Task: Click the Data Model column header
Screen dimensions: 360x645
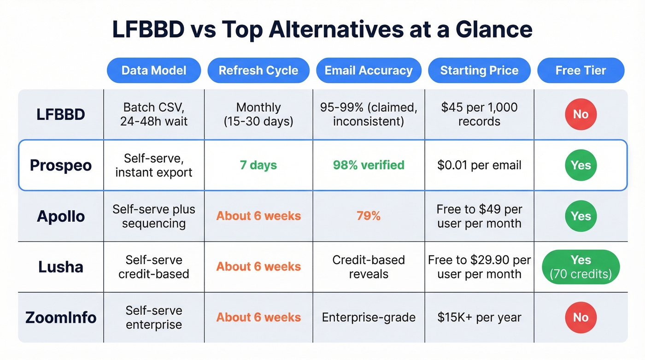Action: (x=153, y=71)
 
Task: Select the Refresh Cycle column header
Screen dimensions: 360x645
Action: (x=258, y=71)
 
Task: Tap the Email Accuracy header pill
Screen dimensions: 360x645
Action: (x=368, y=71)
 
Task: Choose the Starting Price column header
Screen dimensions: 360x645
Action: (x=479, y=71)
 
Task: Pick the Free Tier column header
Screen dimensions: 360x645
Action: (x=580, y=71)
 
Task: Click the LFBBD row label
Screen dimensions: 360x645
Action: (x=61, y=114)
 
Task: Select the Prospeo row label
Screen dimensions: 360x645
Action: (x=61, y=165)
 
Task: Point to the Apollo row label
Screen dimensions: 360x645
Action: (x=61, y=216)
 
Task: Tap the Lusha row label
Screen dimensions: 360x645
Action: (x=61, y=267)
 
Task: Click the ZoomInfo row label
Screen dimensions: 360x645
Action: (x=61, y=318)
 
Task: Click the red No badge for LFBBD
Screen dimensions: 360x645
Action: (x=580, y=114)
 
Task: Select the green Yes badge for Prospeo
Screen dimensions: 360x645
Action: (x=580, y=165)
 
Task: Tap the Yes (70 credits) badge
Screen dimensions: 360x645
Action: (x=580, y=267)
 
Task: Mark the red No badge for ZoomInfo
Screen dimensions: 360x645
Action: (x=580, y=318)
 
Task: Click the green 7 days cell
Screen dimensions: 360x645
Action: (x=258, y=165)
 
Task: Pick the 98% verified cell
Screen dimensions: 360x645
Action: (x=368, y=165)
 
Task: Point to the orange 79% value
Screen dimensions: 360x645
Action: (x=368, y=216)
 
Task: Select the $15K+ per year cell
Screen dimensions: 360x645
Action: (x=479, y=318)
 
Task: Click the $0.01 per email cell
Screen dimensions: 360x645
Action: (x=479, y=165)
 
